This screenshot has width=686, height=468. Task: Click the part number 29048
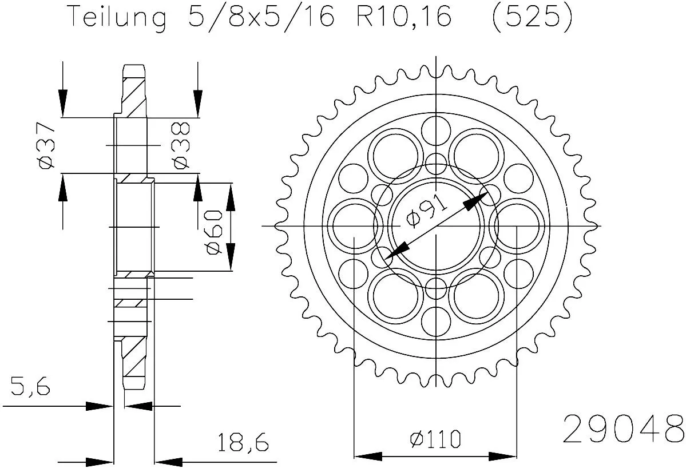pyautogui.click(x=623, y=429)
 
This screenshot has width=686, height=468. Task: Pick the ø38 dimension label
pyautogui.click(x=180, y=146)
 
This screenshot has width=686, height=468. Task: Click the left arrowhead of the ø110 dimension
pyautogui.click(x=368, y=457)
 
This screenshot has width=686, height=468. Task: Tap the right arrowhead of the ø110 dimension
pyautogui.click(x=503, y=457)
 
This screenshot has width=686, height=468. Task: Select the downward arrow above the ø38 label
pyautogui.click(x=197, y=103)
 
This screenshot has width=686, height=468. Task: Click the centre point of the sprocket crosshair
pyautogui.click(x=436, y=226)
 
